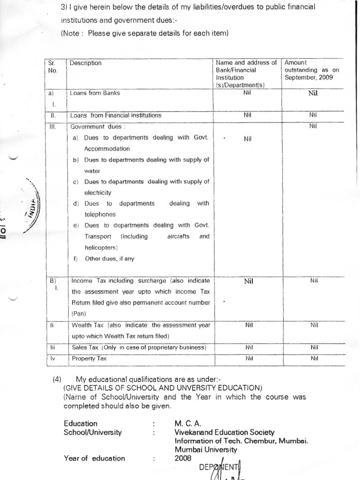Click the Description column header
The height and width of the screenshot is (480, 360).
(85, 63)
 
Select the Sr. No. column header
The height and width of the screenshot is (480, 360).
(52, 67)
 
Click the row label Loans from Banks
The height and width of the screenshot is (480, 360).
(95, 93)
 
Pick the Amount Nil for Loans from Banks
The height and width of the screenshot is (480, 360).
(313, 93)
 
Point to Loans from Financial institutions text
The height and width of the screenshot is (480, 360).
(116, 115)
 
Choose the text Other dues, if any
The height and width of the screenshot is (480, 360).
(110, 259)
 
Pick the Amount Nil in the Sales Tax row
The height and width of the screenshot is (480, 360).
(314, 347)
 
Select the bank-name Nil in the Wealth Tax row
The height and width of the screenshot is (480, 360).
(248, 325)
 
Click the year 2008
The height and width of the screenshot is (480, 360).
(183, 458)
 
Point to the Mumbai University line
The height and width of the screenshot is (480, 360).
(206, 449)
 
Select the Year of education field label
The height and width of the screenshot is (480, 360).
(94, 458)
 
